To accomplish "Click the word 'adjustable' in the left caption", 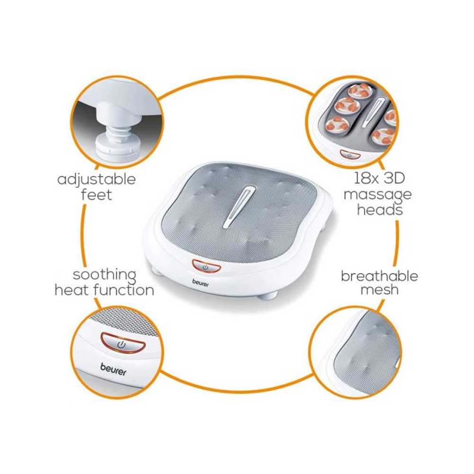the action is pos(96,179).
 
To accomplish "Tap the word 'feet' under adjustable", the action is pos(96,195).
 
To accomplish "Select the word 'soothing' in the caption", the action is pos(105,275).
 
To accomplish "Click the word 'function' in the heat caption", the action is pos(124,290).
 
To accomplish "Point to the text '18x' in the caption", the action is pos(366,178).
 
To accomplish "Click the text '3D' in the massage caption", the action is pos(393,178).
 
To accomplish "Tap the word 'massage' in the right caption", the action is pos(378,195).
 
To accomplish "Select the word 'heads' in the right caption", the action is pos(380,209).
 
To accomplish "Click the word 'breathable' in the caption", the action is pos(379,276).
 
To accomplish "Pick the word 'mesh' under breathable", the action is pos(379,290).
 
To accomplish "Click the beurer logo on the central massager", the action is pos(201,283).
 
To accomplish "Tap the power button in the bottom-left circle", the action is pos(123,343).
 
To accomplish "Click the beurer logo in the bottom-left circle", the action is pos(113,369).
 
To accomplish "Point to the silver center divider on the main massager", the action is pos(239,207).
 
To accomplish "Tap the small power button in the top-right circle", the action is pos(350,155).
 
